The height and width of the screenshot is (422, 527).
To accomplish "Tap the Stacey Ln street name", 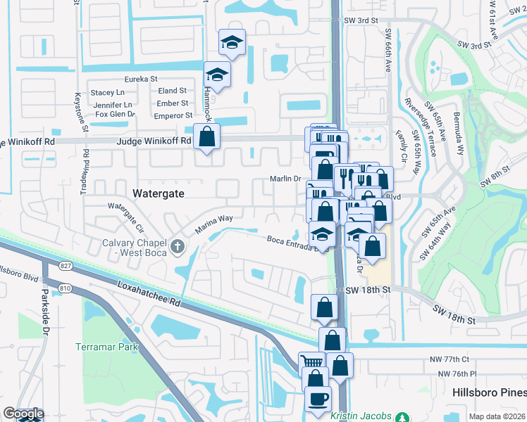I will point(107,92).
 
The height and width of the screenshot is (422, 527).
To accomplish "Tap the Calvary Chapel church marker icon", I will point(177,247).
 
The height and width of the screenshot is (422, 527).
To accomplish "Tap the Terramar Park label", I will point(106,347).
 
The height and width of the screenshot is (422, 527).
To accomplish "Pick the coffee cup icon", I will point(317,398).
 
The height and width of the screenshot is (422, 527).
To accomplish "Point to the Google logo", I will point(23,413).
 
